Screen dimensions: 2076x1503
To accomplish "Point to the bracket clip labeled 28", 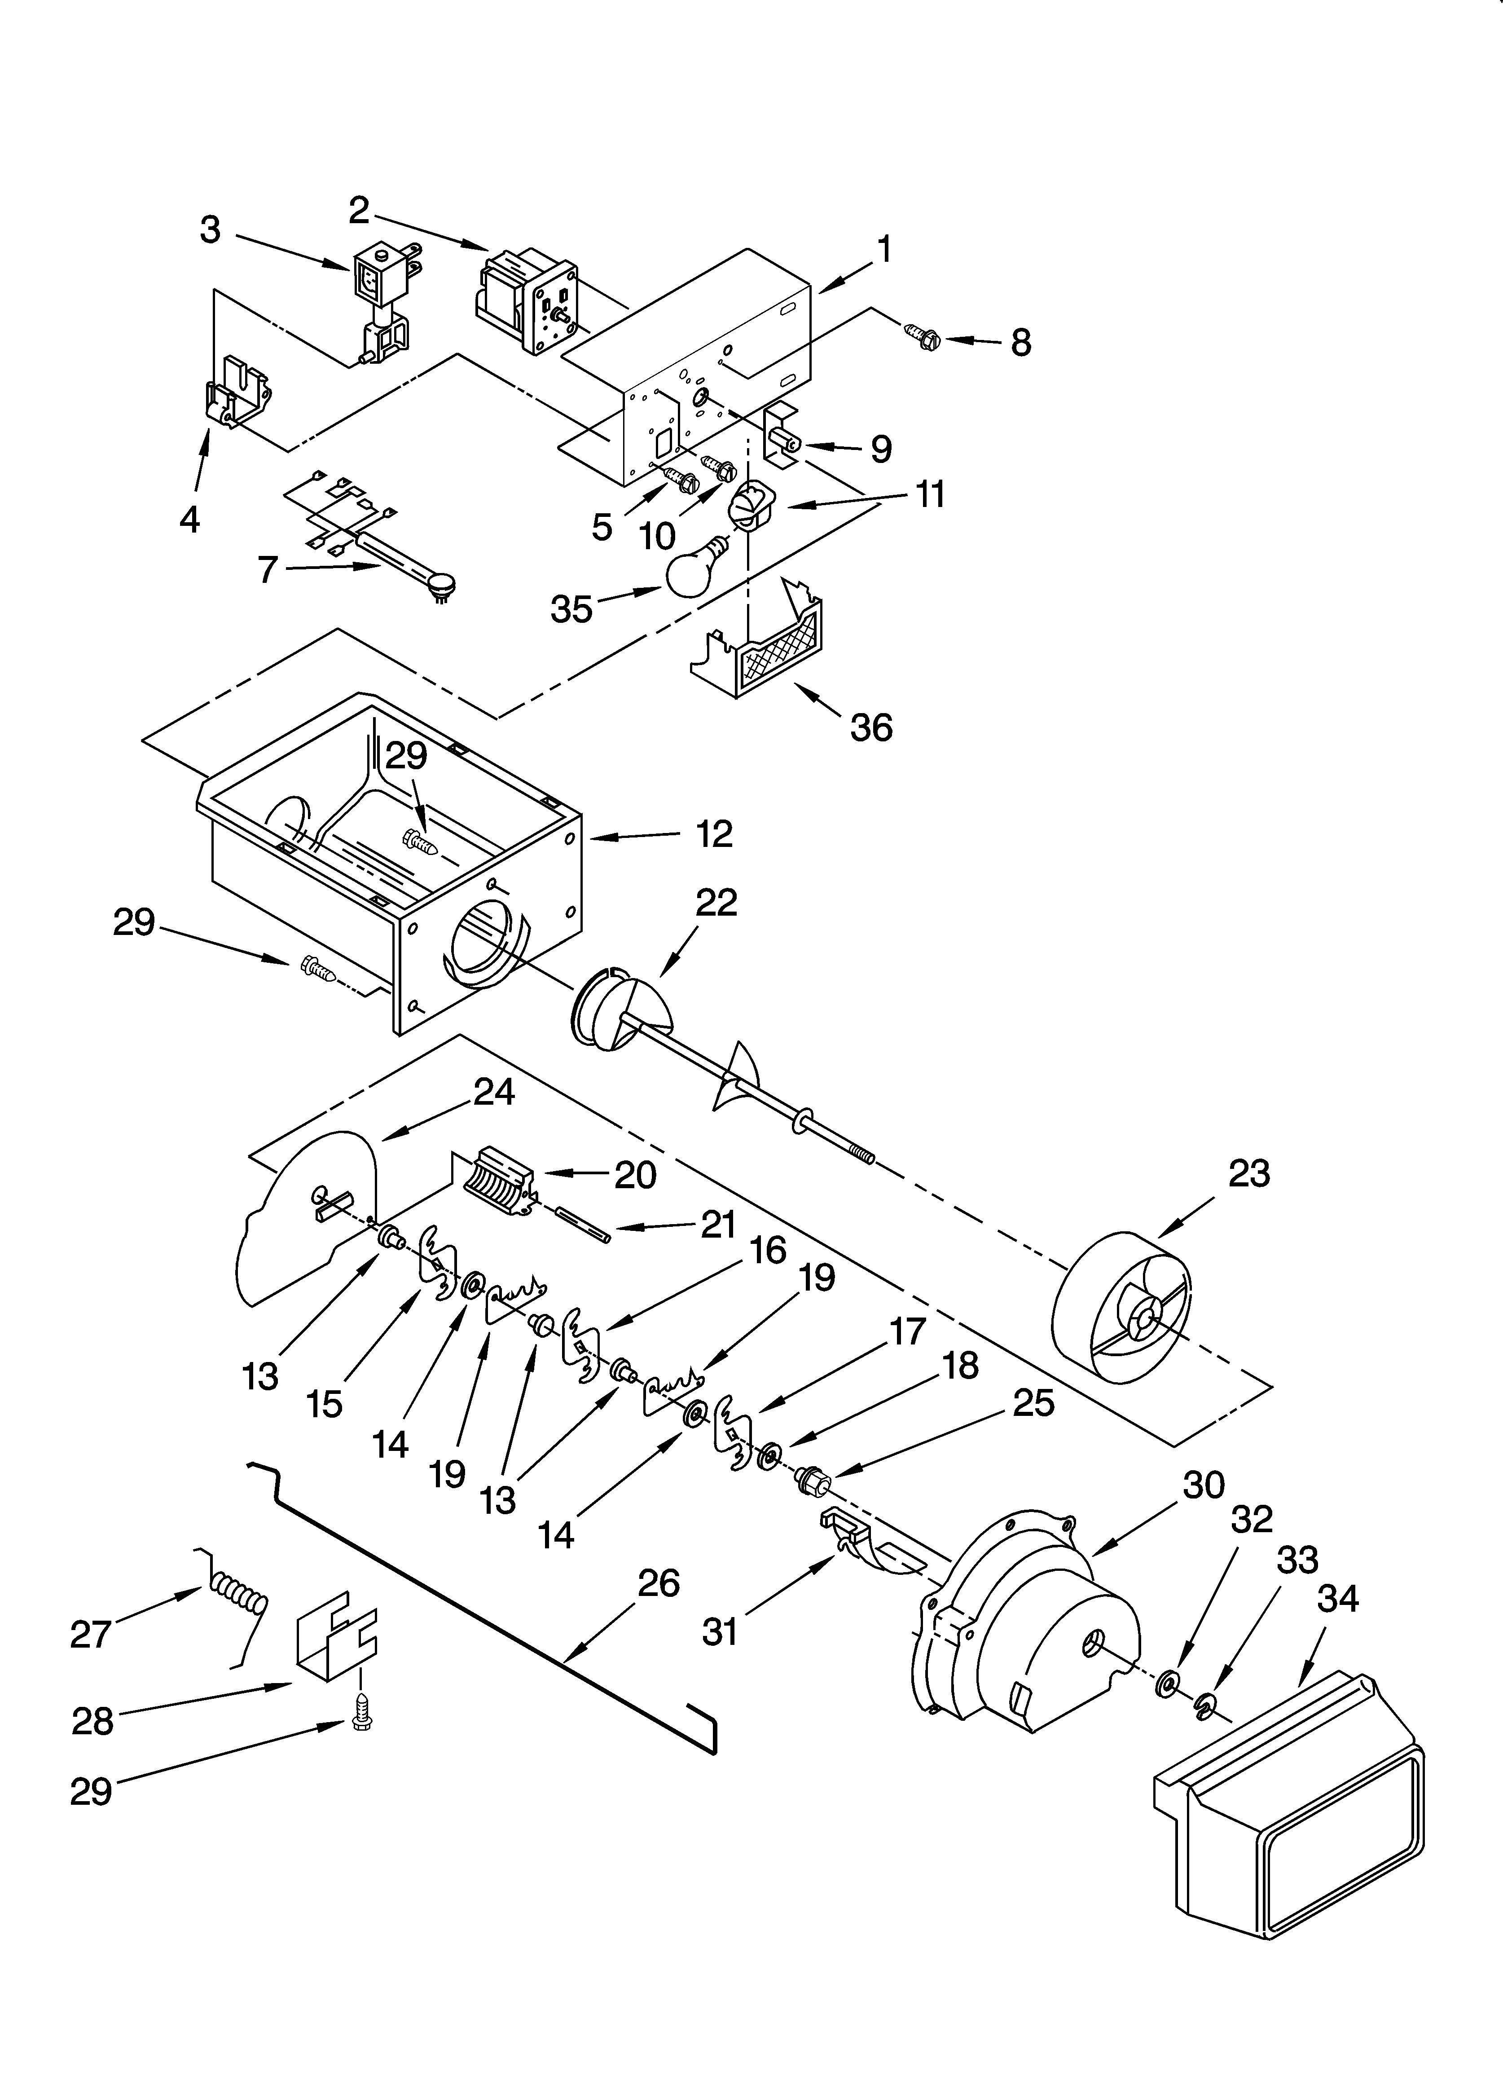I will coord(334,1645).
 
